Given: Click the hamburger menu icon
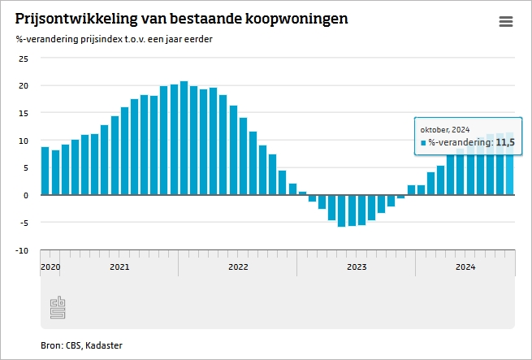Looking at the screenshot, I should click(x=506, y=22).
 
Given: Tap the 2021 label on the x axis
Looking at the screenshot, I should click(x=119, y=267).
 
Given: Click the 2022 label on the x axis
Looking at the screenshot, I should click(x=238, y=267).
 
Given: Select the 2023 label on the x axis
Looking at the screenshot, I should click(x=357, y=267).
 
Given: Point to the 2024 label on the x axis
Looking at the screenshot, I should click(x=465, y=267).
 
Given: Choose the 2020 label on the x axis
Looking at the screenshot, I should click(x=50, y=267).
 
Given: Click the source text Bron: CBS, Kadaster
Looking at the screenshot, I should click(x=81, y=345).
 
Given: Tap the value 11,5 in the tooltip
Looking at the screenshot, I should click(x=504, y=142).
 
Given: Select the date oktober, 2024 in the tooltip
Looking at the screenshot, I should click(x=445, y=129).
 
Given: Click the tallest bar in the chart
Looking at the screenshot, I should click(x=184, y=138).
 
